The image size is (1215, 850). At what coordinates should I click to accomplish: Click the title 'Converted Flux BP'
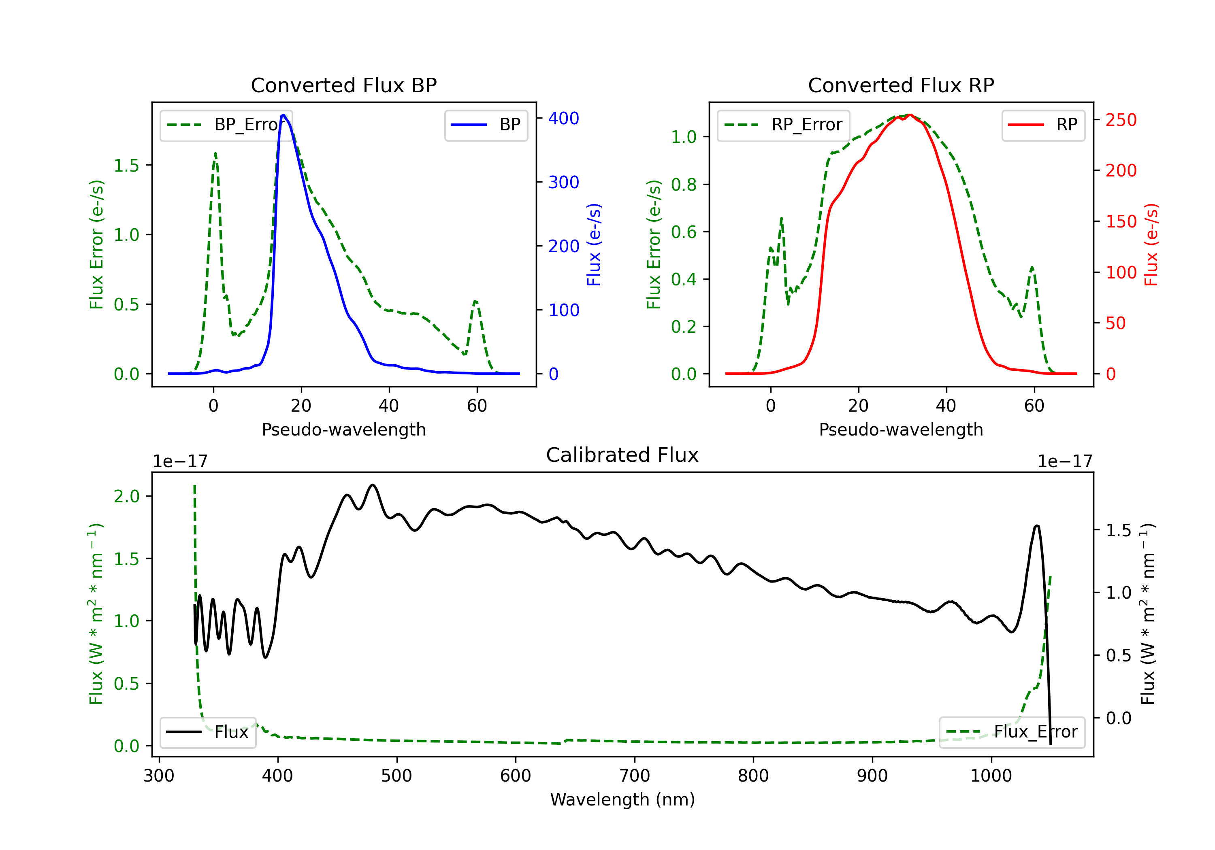(x=343, y=85)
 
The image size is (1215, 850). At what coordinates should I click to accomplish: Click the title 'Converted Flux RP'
(x=901, y=85)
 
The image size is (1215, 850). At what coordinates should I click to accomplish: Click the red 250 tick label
(x=1121, y=120)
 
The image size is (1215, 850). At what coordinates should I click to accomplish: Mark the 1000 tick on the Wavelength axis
(x=991, y=776)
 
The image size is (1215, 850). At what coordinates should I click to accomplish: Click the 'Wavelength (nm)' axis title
(x=622, y=799)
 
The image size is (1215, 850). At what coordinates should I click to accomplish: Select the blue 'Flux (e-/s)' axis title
(x=594, y=244)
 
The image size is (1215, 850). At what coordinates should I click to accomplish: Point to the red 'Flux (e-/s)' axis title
(x=1151, y=244)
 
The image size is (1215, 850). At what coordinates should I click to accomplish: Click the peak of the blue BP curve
(x=283, y=115)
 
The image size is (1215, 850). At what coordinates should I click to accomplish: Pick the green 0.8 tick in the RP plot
(x=683, y=185)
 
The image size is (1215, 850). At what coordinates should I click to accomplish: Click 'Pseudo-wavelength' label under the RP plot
(x=901, y=429)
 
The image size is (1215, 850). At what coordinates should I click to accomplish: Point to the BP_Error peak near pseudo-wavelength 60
(x=475, y=302)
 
